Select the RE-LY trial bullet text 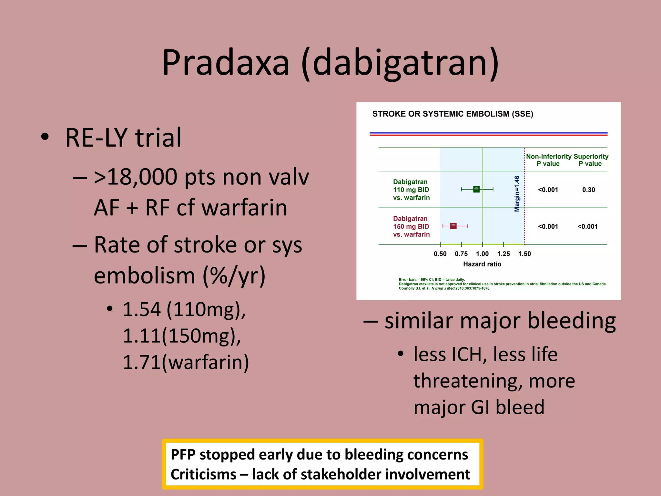click(123, 138)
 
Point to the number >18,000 click(136, 177)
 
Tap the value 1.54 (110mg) click(184, 309)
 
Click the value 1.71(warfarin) click(186, 362)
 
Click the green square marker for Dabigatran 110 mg click(476, 190)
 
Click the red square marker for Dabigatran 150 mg click(453, 226)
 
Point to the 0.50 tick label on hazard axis click(440, 254)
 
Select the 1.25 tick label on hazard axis click(503, 254)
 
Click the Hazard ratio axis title click(482, 264)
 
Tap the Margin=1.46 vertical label click(517, 194)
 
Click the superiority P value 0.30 click(588, 190)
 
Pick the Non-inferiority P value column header click(548, 160)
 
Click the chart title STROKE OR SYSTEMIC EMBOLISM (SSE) click(453, 114)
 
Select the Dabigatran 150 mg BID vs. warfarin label click(411, 226)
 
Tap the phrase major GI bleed click(479, 407)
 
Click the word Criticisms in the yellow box click(203, 474)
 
